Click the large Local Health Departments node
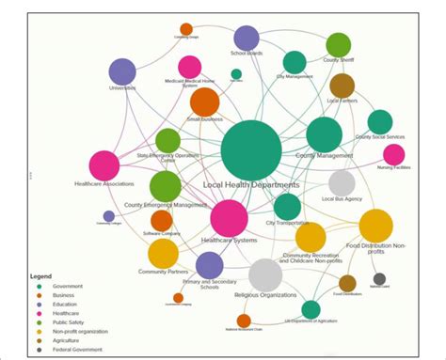[251, 150]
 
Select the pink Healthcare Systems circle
[229, 217]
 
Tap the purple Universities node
[122, 71]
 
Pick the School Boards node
[247, 38]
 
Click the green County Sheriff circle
[338, 44]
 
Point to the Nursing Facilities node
[394, 154]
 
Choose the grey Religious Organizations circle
[265, 275]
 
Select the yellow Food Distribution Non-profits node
[375, 226]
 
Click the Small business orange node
[204, 102]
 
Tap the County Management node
[324, 134]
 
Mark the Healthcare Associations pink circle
[104, 166]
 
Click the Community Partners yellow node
[163, 252]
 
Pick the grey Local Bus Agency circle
[342, 183]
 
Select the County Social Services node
[379, 121]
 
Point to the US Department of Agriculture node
[311, 308]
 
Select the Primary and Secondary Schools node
[209, 266]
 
